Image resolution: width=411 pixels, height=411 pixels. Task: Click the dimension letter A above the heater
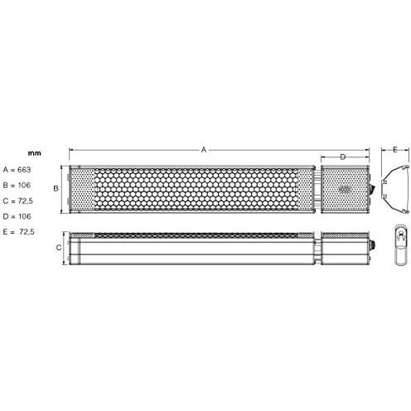[x=204, y=149]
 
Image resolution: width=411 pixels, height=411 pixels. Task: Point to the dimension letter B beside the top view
[x=56, y=188]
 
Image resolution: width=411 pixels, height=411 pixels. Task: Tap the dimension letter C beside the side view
[x=58, y=248]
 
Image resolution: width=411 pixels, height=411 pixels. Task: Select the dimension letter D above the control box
[x=343, y=157]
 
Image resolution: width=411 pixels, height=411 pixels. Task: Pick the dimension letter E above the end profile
[x=395, y=150]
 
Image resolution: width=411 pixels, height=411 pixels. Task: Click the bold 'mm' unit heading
[x=34, y=152]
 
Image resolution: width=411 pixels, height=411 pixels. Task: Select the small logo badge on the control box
[x=345, y=187]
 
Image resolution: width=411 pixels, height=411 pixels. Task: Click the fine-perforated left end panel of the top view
[x=81, y=189]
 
